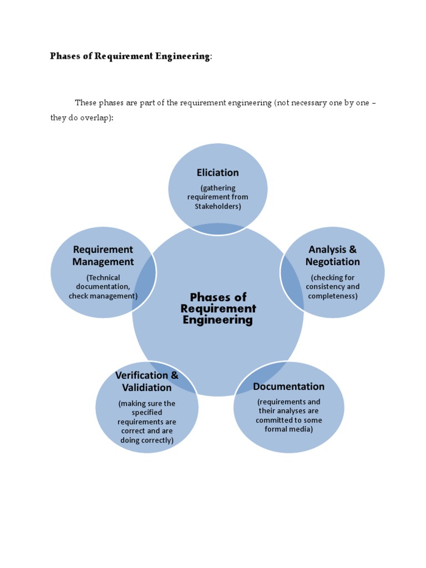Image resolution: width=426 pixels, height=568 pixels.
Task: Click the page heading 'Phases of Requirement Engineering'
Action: [x=130, y=56]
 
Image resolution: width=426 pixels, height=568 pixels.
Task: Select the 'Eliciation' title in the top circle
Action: [x=217, y=173]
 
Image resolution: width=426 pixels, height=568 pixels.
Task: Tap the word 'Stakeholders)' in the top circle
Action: [x=217, y=206]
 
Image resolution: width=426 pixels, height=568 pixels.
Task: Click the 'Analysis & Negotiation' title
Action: [x=333, y=256]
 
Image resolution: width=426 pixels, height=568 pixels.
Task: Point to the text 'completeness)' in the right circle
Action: [x=333, y=296]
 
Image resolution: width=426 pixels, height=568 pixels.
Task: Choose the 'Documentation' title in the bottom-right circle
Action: [x=288, y=386]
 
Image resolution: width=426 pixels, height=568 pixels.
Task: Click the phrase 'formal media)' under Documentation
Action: [x=288, y=429]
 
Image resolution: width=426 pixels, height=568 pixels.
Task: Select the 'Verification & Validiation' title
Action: [x=147, y=381]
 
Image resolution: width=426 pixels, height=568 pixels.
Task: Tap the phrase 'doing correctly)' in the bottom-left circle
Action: [x=147, y=440]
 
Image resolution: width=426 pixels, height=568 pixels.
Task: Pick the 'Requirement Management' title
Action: [x=103, y=256]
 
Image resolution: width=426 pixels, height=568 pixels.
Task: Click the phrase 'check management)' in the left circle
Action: [x=103, y=296]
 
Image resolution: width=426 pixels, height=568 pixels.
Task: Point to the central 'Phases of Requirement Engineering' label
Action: [x=218, y=308]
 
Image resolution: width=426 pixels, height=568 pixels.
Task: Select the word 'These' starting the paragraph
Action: [x=86, y=103]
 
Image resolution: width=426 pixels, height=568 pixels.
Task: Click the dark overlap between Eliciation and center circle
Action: [x=217, y=228]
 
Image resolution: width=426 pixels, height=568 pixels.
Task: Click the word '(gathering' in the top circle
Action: [x=217, y=188]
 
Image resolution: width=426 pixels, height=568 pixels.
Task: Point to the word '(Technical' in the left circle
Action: [x=103, y=277]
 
